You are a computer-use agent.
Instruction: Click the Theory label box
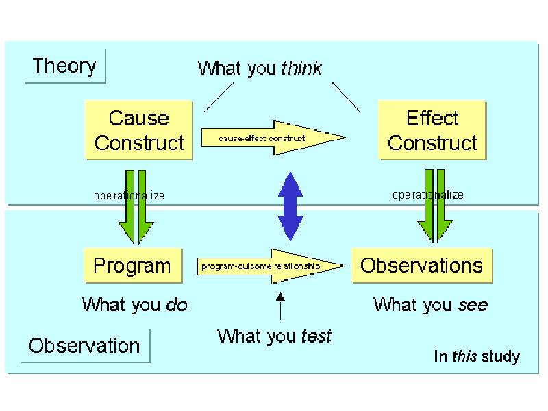[64, 66]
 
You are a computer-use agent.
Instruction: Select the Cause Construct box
[139, 130]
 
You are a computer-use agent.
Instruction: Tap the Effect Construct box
[432, 130]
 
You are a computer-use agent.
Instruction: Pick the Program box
[132, 265]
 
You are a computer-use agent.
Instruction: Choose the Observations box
[421, 265]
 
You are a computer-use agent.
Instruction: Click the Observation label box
[84, 345]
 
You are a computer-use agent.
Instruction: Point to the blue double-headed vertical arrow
[290, 205]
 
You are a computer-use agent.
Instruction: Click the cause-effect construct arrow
[271, 138]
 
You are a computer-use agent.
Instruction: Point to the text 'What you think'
[260, 68]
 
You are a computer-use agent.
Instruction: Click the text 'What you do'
[134, 304]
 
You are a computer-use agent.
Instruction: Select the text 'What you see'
[430, 304]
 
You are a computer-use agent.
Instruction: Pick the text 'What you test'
[274, 336]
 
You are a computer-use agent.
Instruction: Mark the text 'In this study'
[477, 357]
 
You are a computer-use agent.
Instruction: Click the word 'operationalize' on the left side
[129, 196]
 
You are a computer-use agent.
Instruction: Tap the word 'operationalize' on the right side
[427, 195]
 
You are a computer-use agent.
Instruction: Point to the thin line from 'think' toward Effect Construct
[346, 96]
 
